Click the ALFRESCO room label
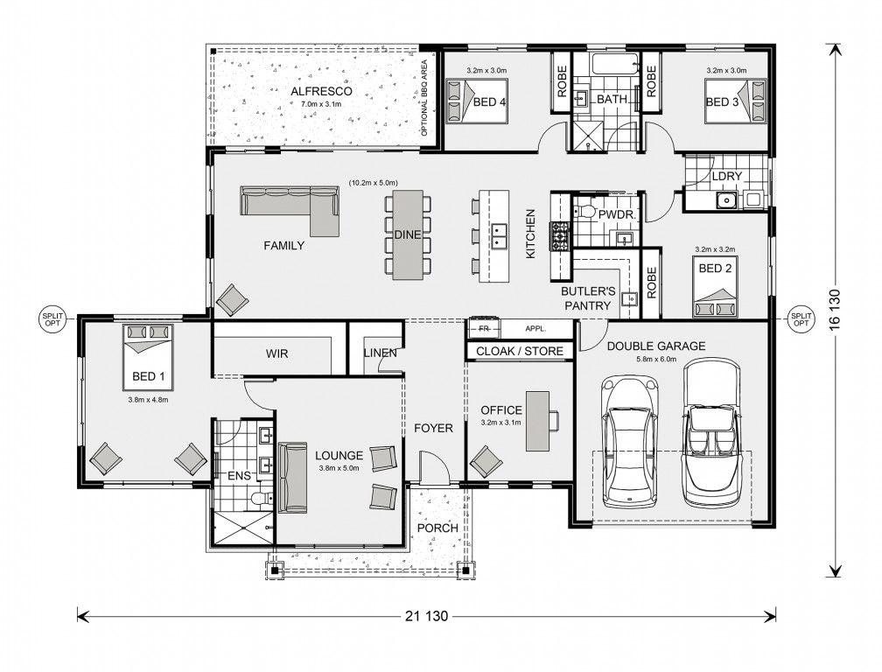[321, 91]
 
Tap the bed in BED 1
[148, 357]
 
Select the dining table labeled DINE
[408, 234]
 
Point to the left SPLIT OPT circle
[52, 319]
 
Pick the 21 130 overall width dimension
[426, 616]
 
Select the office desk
[537, 421]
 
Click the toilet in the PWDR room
[584, 213]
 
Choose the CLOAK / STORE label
[519, 352]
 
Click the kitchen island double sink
[499, 236]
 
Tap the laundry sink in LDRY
[726, 199]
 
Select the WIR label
[276, 353]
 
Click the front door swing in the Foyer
[436, 466]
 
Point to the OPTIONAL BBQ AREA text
[424, 98]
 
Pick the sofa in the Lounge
[292, 478]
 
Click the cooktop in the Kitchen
[561, 235]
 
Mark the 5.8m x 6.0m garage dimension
[656, 360]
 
